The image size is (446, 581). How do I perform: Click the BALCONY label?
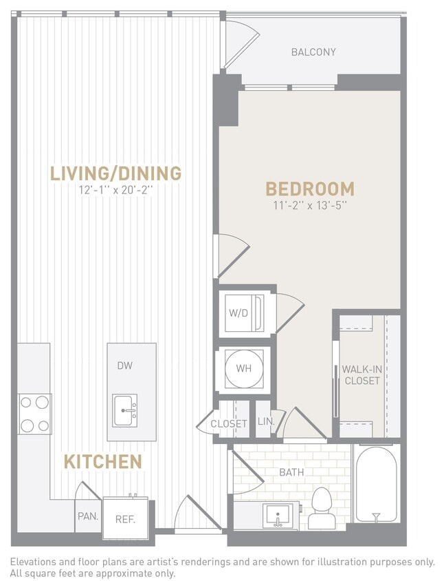point(313,52)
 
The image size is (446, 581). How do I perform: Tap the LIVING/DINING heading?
point(115,173)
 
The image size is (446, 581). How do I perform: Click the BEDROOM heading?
point(310,189)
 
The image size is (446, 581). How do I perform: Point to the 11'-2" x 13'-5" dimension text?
point(310,205)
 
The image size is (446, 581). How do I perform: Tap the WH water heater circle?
point(243,368)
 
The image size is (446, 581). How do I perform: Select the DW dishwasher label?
point(124,366)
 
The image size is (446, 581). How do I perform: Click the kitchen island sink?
point(125,411)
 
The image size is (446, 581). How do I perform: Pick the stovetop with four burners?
point(34,413)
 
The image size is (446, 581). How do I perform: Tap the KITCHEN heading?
point(103,462)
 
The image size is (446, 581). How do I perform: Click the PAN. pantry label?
point(87,516)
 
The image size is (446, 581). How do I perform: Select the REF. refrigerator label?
point(125,519)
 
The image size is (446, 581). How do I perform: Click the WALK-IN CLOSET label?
point(361,375)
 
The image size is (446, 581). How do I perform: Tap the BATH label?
point(291,473)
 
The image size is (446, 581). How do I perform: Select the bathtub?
point(376,485)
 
